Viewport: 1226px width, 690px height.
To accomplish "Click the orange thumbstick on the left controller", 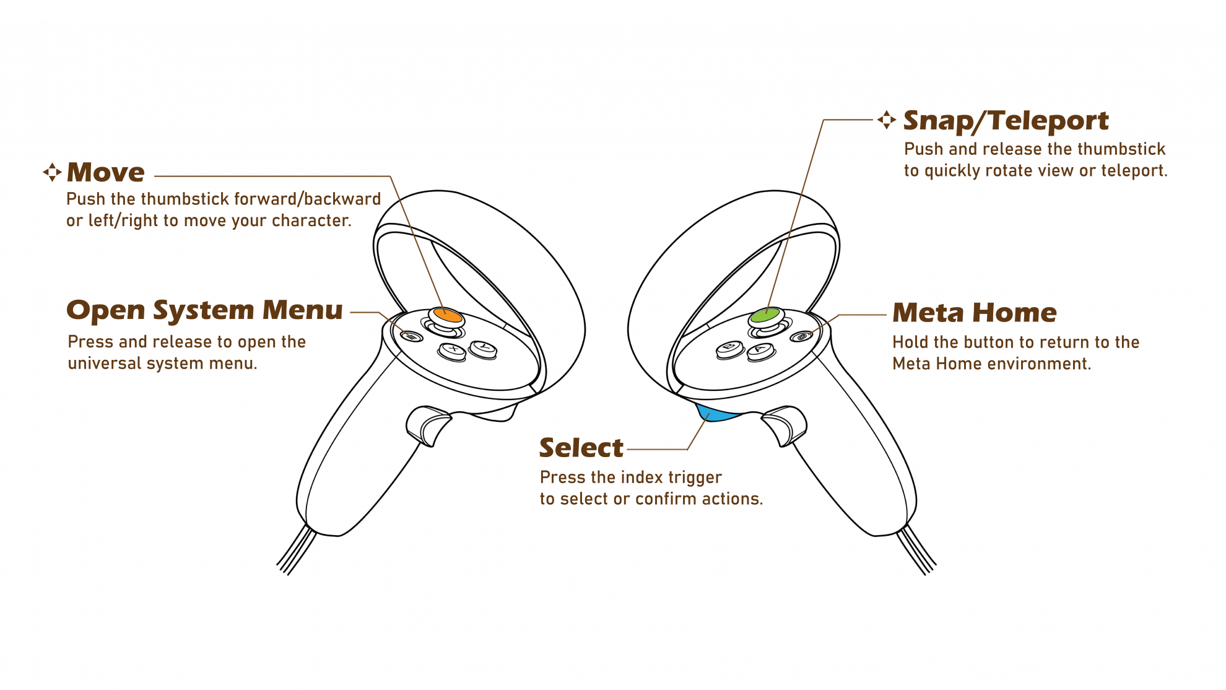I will [x=447, y=315].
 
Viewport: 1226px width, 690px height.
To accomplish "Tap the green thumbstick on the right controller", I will [x=765, y=316].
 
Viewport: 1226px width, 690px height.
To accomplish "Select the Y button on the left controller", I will [x=484, y=349].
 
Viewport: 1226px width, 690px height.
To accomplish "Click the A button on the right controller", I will [x=761, y=351].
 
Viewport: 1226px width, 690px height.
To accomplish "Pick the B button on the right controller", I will [x=730, y=349].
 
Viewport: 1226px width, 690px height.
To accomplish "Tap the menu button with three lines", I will [x=411, y=336].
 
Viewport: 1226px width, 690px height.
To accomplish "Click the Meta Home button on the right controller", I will [x=802, y=336].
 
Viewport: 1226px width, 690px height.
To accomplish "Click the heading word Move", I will [x=106, y=172].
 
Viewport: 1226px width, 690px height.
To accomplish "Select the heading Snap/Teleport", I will [x=1006, y=120].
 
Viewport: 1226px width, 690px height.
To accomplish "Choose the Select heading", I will [x=581, y=448].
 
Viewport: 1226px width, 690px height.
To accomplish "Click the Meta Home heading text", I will [x=974, y=313].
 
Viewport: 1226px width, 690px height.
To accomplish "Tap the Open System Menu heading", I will [x=204, y=310].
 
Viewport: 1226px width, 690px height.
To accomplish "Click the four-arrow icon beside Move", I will [x=52, y=172].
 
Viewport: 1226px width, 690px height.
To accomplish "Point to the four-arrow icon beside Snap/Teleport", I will [x=887, y=120].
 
